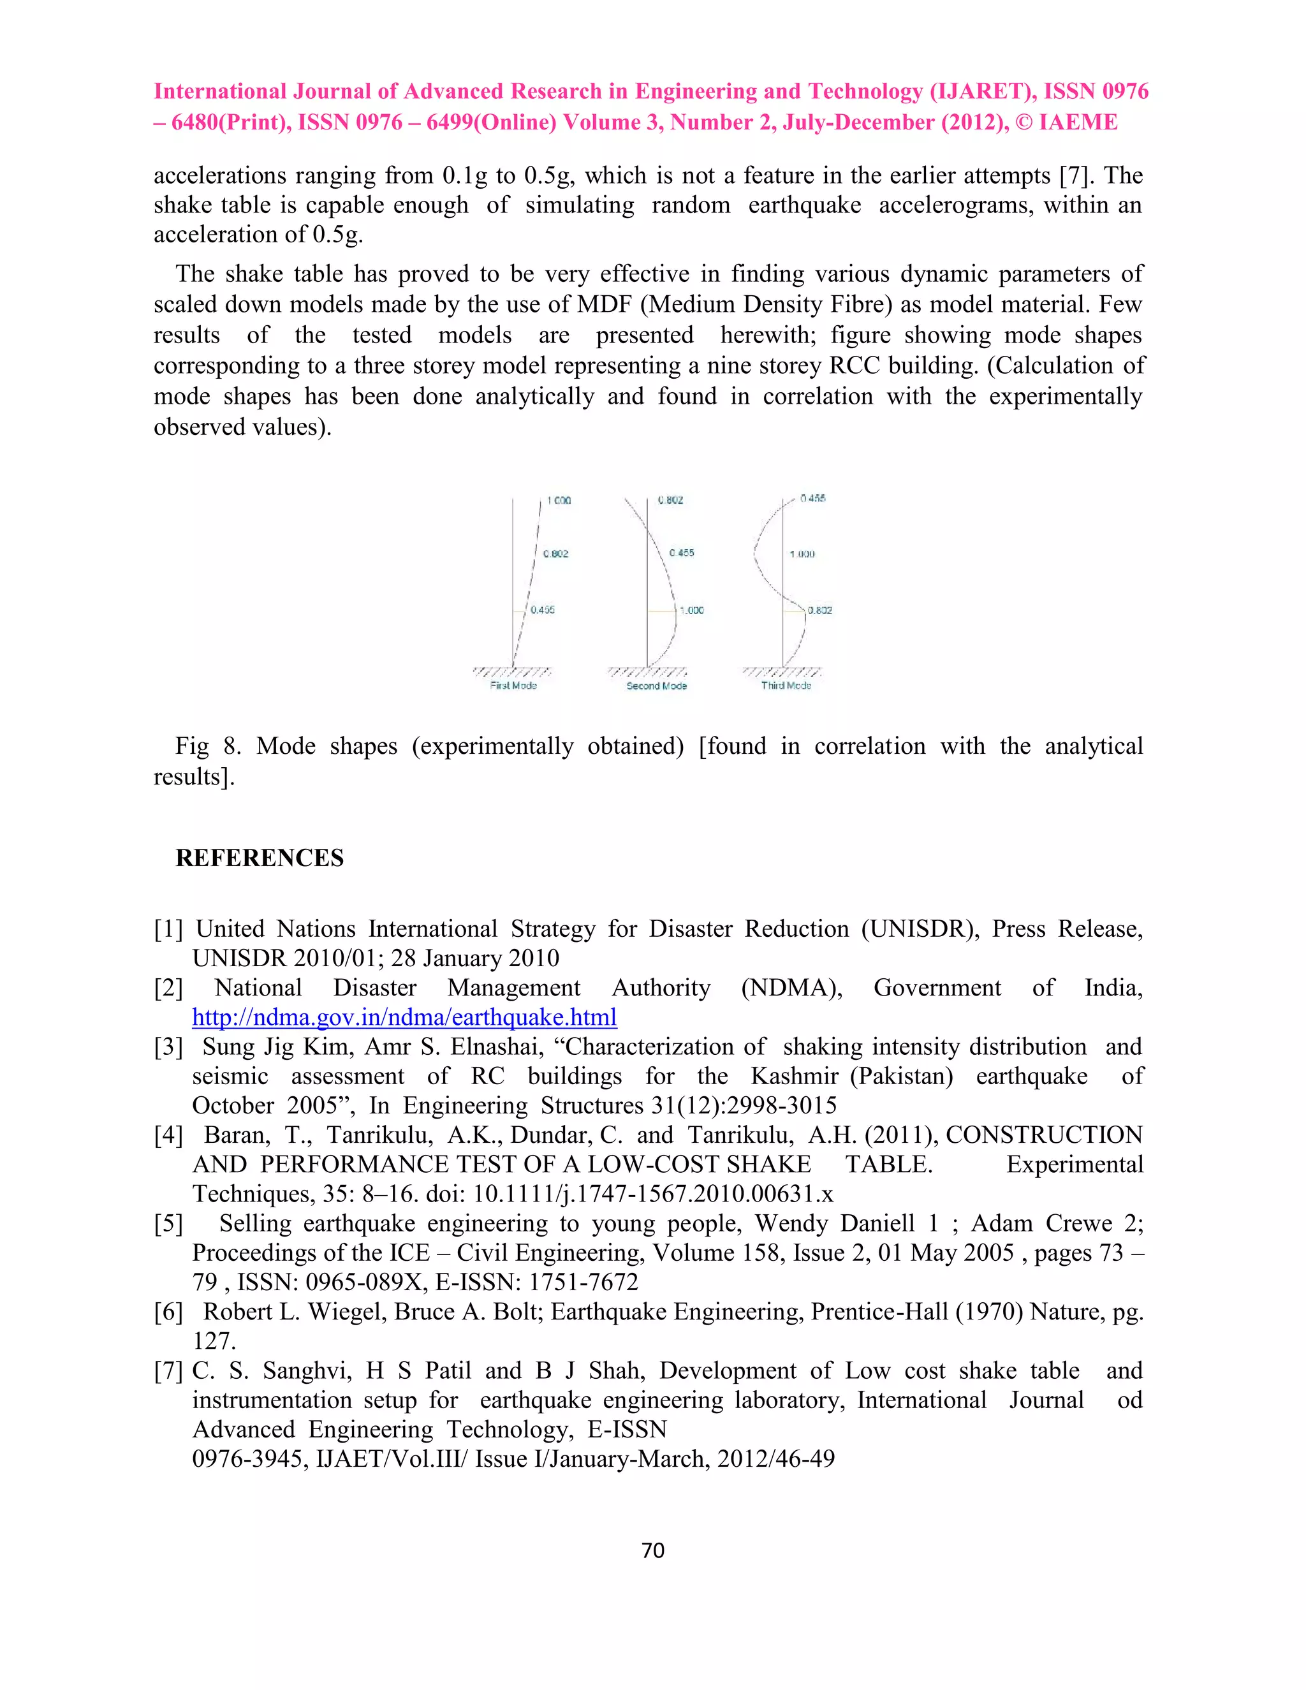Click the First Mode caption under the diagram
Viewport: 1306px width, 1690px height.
513,686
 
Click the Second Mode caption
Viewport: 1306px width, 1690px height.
656,686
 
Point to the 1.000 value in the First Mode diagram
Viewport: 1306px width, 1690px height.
559,501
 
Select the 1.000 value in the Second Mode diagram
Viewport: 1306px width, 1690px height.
691,610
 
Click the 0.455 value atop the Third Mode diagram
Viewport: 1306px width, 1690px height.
812,498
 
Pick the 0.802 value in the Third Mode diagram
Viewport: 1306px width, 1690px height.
819,610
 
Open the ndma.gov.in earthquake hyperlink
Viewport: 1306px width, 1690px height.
404,1017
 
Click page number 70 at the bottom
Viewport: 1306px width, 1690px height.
653,1551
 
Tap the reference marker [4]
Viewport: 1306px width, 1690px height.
168,1135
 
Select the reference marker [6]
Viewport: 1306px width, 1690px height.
168,1312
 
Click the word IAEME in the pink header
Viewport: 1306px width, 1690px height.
1078,122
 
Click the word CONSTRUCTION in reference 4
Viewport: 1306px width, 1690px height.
1044,1135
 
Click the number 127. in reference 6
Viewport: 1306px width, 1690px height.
214,1341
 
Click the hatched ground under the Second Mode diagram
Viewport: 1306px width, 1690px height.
647,672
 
